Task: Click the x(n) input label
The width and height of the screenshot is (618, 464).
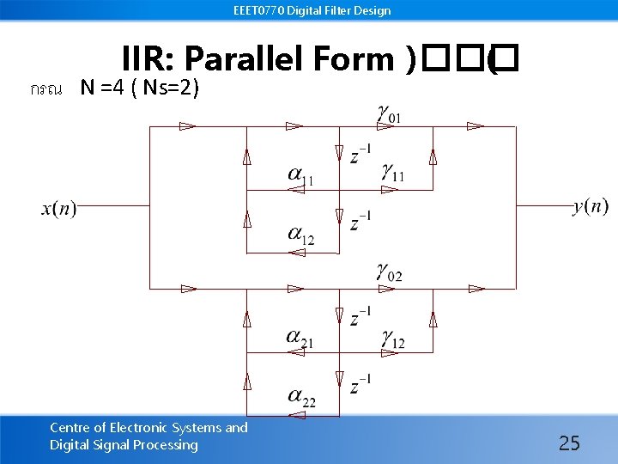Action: tap(58, 209)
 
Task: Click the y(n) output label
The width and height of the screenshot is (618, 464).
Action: tap(591, 206)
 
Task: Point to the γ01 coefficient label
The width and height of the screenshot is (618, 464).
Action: tap(387, 113)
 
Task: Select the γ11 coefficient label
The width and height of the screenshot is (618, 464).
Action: tap(393, 174)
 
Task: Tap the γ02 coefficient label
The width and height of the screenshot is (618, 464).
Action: tap(388, 274)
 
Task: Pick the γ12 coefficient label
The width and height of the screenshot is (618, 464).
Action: tap(393, 340)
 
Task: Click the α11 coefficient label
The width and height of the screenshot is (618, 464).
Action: tap(300, 177)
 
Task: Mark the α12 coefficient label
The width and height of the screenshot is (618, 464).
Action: tap(300, 235)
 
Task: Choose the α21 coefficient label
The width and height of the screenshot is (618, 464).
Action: tap(300, 339)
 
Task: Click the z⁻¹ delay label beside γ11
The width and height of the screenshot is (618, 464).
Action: tap(360, 155)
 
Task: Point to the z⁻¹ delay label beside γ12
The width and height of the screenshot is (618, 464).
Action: tap(360, 317)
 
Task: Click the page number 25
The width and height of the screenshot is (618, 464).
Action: tap(569, 443)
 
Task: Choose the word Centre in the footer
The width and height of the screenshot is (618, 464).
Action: tap(72, 427)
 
